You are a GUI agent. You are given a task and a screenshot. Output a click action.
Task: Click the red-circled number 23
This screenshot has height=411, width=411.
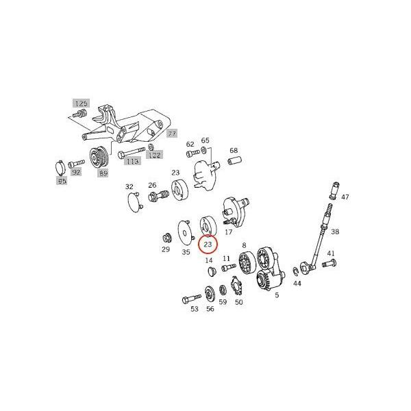(x=207, y=243)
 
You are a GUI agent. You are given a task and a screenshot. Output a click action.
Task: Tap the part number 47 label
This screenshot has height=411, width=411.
(x=345, y=197)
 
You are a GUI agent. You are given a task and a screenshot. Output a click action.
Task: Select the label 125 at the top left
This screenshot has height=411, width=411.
(x=82, y=103)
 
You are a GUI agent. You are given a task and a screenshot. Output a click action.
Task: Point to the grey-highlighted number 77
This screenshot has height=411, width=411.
(x=172, y=134)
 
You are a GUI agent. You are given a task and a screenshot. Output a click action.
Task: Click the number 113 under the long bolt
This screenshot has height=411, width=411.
(x=132, y=161)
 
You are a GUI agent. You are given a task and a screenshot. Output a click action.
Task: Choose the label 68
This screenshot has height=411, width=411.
(x=234, y=151)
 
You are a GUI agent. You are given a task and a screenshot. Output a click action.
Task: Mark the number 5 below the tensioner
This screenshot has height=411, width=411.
(x=277, y=295)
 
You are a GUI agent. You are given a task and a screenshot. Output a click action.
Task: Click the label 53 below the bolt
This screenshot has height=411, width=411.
(x=195, y=310)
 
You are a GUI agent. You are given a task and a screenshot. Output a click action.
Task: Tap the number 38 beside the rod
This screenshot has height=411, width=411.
(x=334, y=232)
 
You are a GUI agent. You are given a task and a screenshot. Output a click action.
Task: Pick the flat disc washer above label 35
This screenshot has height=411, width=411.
(x=183, y=230)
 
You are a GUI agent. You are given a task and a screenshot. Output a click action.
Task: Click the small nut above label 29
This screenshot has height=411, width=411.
(x=165, y=237)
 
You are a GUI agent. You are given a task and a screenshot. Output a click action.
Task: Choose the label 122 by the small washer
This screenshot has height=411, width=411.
(x=155, y=155)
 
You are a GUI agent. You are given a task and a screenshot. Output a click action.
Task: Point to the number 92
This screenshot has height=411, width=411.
(x=77, y=172)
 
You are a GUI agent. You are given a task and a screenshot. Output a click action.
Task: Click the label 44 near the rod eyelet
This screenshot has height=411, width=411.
(x=297, y=282)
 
